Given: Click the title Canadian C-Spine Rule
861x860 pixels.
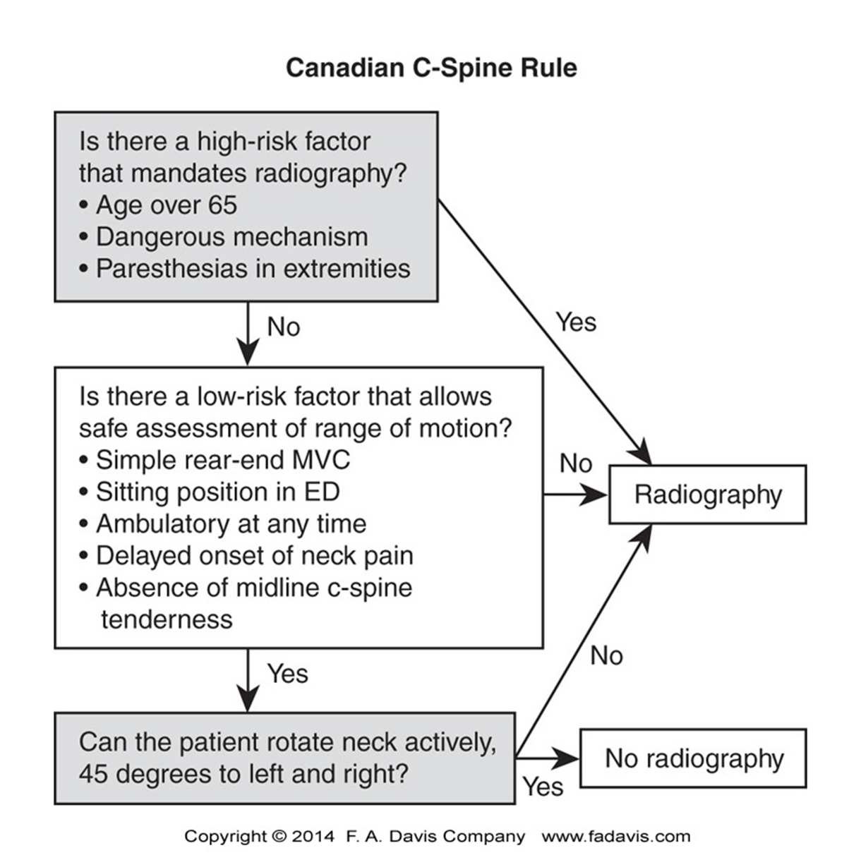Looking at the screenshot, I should (x=431, y=68).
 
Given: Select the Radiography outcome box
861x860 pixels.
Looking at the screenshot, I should (x=707, y=495).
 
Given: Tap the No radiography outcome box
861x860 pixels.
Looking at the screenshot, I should (x=694, y=759).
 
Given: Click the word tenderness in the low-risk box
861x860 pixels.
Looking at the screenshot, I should (x=167, y=619).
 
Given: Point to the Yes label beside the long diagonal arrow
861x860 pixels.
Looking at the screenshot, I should (x=576, y=322).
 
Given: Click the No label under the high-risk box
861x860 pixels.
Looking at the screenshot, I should (x=284, y=327).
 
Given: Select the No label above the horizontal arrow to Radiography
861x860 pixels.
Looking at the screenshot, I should (x=575, y=464).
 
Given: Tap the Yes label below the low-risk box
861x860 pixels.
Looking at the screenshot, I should (x=287, y=674).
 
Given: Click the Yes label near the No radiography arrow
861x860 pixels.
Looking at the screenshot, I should (x=543, y=787).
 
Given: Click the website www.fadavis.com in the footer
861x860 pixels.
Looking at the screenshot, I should (x=616, y=837).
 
